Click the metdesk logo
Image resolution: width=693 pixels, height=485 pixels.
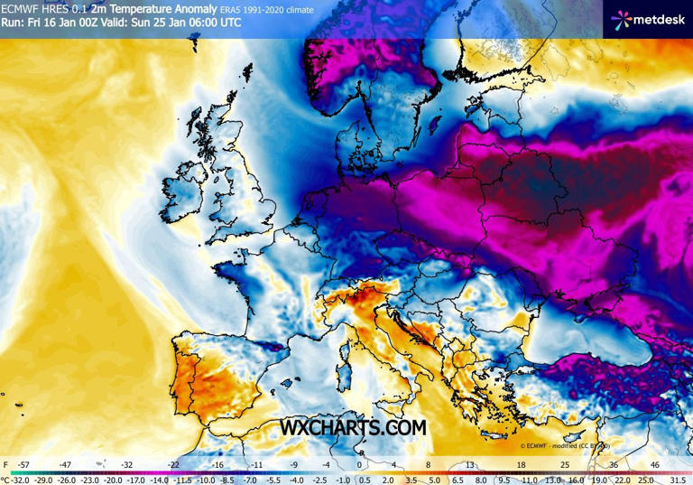pos(647,18)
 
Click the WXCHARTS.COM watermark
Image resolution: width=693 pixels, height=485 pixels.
pos(353,427)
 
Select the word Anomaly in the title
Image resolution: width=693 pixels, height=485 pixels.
pos(191,9)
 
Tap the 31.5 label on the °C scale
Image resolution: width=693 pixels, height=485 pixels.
pos(679,480)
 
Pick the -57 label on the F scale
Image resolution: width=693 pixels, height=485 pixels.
pos(24,465)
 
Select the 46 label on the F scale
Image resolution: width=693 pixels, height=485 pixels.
pos(654,465)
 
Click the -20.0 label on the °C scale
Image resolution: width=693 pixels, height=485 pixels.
pos(113,480)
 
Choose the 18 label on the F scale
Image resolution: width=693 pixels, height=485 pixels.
pos(521,465)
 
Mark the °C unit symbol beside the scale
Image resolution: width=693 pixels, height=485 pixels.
pos(5,480)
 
